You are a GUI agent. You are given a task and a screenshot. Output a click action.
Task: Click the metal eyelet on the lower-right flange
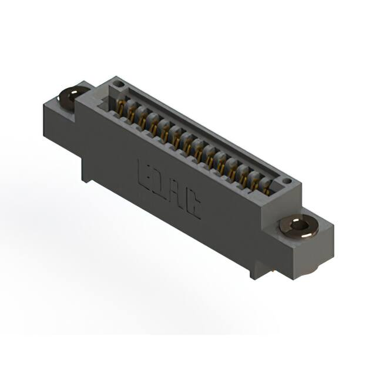[x=299, y=226]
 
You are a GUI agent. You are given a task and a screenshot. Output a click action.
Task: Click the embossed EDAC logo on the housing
[x=169, y=189]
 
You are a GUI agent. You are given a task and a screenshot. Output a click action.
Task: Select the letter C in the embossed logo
[x=193, y=206]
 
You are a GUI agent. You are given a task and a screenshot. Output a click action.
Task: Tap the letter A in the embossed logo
[x=178, y=196]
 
